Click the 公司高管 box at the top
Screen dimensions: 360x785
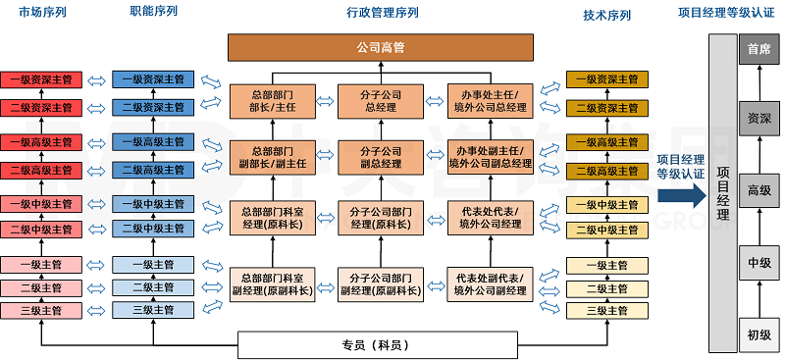(x=383, y=46)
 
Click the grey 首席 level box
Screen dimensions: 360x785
(x=759, y=49)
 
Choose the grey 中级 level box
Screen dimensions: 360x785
(x=759, y=262)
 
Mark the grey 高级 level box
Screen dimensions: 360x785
(x=759, y=189)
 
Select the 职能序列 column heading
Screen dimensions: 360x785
(x=154, y=13)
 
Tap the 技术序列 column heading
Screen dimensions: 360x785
(x=606, y=16)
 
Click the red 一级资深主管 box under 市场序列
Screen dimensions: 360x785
(x=40, y=79)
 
